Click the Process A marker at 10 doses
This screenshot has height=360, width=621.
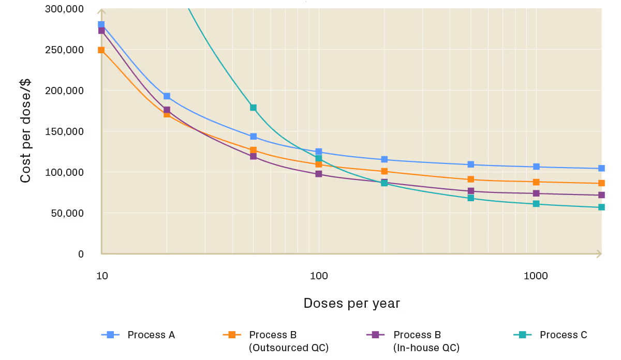(101, 25)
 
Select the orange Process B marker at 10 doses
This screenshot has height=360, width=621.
(101, 50)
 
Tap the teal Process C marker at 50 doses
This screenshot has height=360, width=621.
(253, 108)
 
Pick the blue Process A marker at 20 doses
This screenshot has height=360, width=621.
(167, 96)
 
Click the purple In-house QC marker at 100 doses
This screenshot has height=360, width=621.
(319, 174)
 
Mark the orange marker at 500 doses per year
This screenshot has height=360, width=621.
(470, 179)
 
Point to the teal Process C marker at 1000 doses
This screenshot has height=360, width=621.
(536, 204)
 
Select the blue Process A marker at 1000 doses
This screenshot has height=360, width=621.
(536, 167)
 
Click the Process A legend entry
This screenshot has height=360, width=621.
(138, 335)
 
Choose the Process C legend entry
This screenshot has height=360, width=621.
(550, 335)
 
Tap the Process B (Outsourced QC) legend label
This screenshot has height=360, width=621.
(289, 341)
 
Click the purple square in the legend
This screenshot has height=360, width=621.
(375, 335)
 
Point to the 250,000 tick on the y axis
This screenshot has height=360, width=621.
(64, 50)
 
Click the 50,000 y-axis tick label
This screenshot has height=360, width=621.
(67, 213)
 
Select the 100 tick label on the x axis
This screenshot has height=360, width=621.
(319, 276)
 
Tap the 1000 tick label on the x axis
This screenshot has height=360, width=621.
(536, 276)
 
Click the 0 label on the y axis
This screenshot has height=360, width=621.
(81, 254)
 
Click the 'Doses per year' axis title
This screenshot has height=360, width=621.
(352, 303)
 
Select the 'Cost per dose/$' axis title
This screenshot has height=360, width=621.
(25, 131)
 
